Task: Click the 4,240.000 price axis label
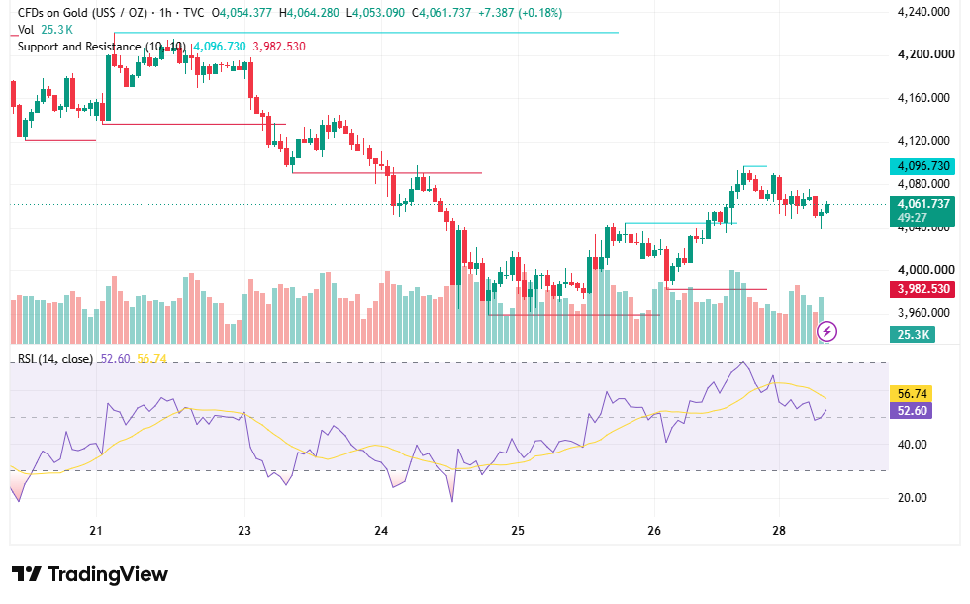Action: (922, 12)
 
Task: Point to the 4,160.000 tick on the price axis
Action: (922, 98)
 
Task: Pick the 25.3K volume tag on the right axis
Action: (913, 335)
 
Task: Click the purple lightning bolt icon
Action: (827, 332)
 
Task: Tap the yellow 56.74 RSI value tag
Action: (912, 394)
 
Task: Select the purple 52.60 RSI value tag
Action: (912, 410)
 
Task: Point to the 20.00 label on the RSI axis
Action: (912, 497)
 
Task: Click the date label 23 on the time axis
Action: (244, 531)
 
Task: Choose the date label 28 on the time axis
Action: (779, 531)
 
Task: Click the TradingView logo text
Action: (108, 574)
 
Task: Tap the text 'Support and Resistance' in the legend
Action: (79, 47)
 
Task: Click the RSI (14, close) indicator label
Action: (55, 358)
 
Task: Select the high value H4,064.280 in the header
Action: (309, 12)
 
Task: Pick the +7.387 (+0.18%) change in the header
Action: (520, 12)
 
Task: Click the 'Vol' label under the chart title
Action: (26, 30)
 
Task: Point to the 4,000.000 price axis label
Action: (922, 269)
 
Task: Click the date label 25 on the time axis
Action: (518, 531)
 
